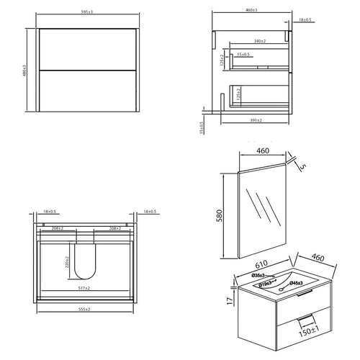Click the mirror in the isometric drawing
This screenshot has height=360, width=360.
(x=263, y=209)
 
